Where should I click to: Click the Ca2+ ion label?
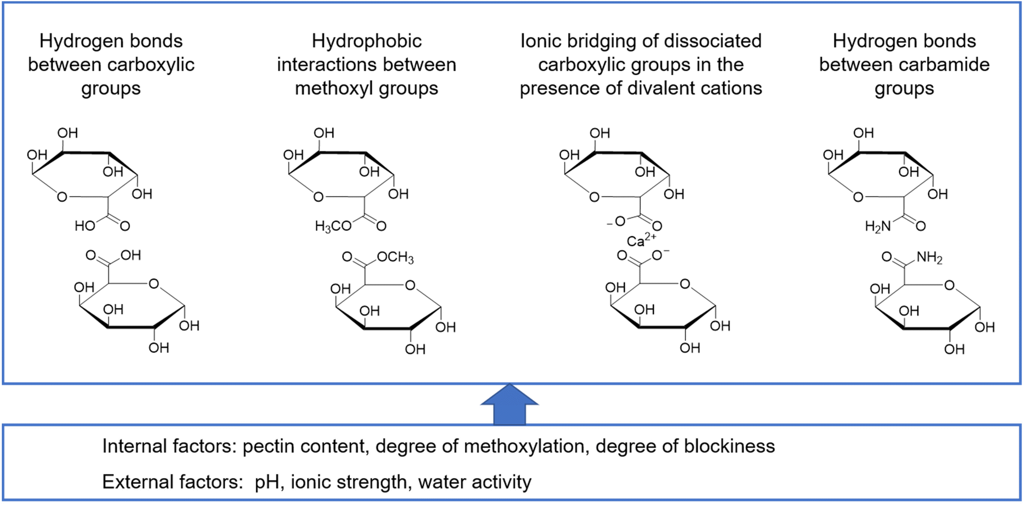[x=640, y=240]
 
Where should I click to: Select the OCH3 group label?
[x=395, y=258]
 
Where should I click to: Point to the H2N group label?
[x=878, y=227]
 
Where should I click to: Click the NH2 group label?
[x=929, y=258]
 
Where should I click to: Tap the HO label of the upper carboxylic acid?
[x=85, y=226]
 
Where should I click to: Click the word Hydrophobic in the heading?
[x=367, y=41]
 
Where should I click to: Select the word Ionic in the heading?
[x=541, y=41]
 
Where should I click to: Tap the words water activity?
[x=474, y=482]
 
